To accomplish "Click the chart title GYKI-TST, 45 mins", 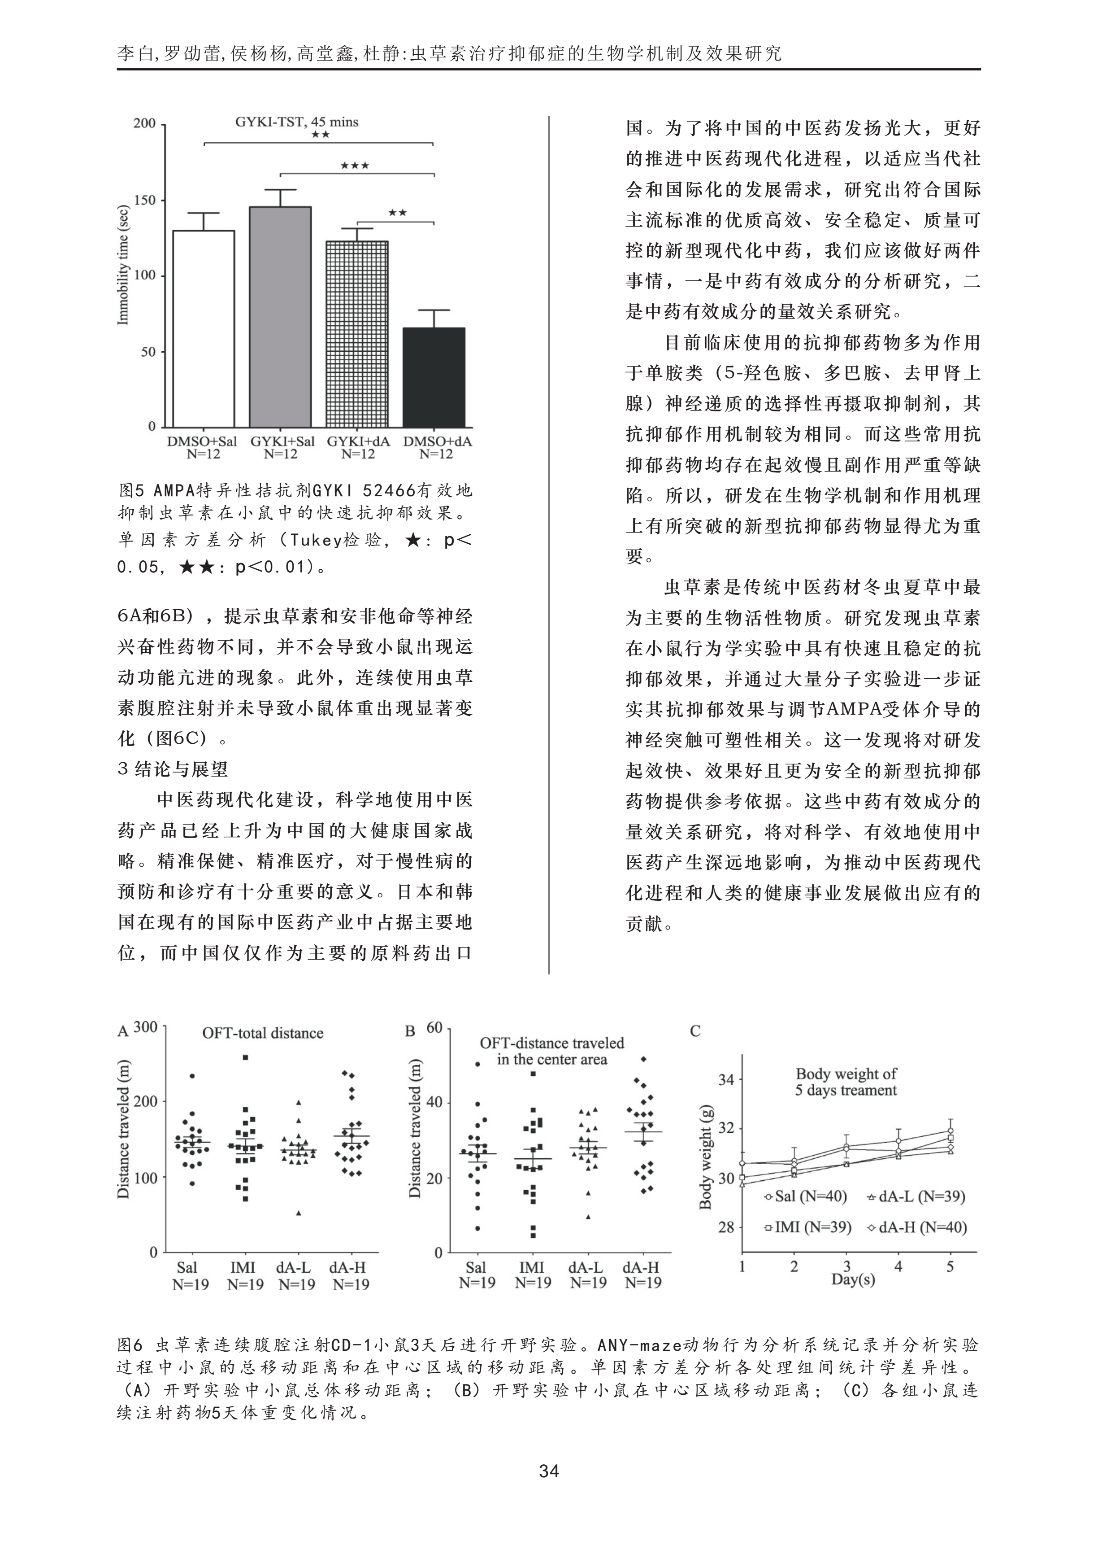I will (296, 122).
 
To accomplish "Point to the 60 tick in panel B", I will (434, 1028).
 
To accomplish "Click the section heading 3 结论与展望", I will (173, 769).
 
